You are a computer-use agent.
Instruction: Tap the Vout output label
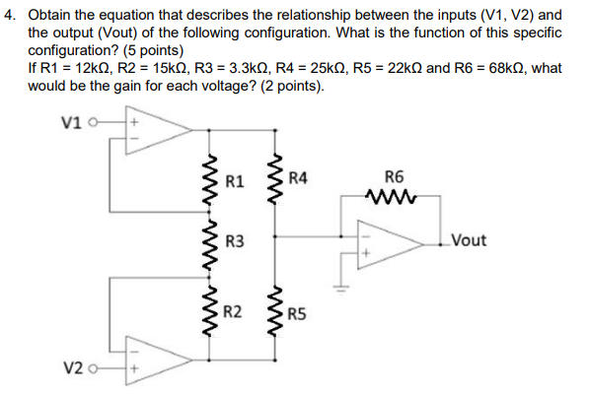469,240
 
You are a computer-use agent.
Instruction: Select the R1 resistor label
234,181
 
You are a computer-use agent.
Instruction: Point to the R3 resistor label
234,242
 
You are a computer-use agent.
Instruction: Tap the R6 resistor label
394,178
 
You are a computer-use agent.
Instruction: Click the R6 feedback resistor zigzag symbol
392,197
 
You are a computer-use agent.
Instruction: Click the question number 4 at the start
11,16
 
